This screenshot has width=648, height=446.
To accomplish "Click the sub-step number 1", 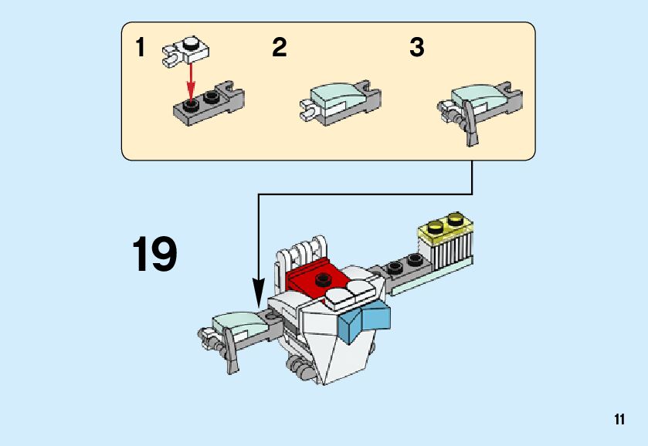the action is click(141, 47).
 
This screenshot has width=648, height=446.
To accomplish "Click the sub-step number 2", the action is click(280, 47).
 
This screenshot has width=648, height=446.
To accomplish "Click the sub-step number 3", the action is click(417, 47).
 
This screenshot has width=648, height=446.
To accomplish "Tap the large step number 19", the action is click(154, 254).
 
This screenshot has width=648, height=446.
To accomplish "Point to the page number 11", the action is click(619, 419).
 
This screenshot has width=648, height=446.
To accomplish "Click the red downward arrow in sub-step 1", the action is click(191, 82).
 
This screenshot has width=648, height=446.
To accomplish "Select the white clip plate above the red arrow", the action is click(186, 51).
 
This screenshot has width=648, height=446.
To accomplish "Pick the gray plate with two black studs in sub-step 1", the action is click(209, 103).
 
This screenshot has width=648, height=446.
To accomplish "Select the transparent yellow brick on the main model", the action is click(446, 227).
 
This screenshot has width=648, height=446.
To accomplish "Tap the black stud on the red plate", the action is click(323, 279).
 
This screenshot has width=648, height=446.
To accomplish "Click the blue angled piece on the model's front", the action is click(364, 321).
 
